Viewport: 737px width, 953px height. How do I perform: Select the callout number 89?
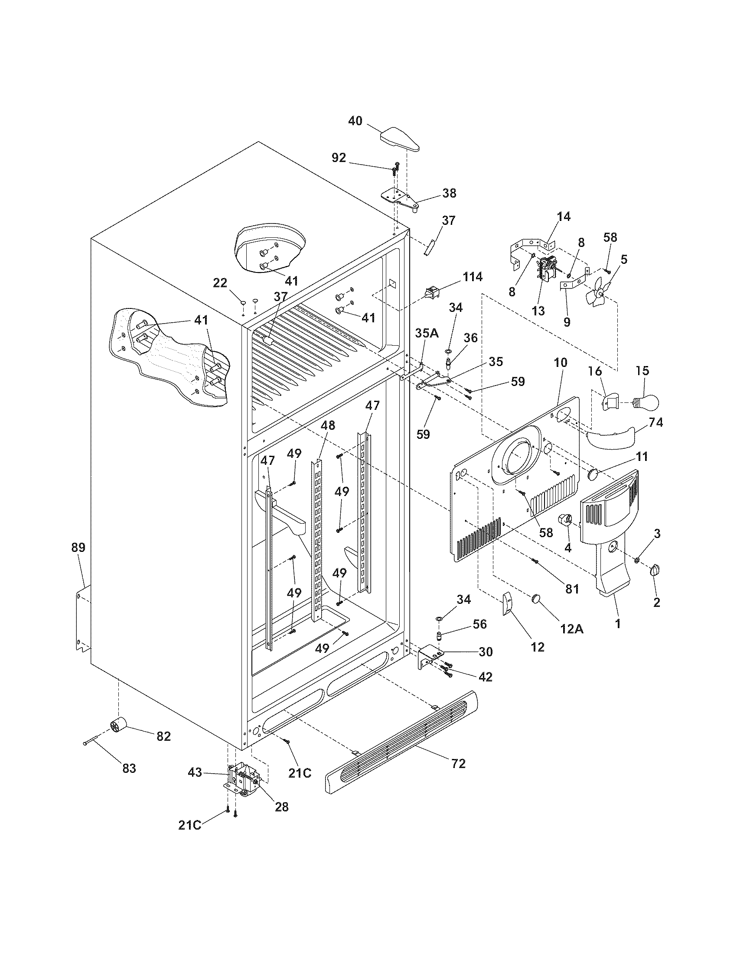coord(78,548)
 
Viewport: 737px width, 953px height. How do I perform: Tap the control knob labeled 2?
coord(655,570)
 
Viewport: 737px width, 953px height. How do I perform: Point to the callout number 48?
coord(328,425)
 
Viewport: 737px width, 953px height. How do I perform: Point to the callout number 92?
coord(339,158)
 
